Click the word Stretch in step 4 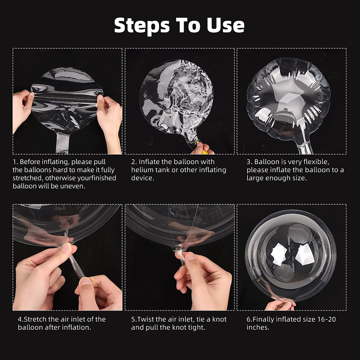point(35,319)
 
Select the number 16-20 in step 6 point(327,319)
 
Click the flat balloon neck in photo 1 point(62,143)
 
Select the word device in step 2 point(142,178)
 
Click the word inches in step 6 point(258,327)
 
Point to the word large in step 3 point(255,178)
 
